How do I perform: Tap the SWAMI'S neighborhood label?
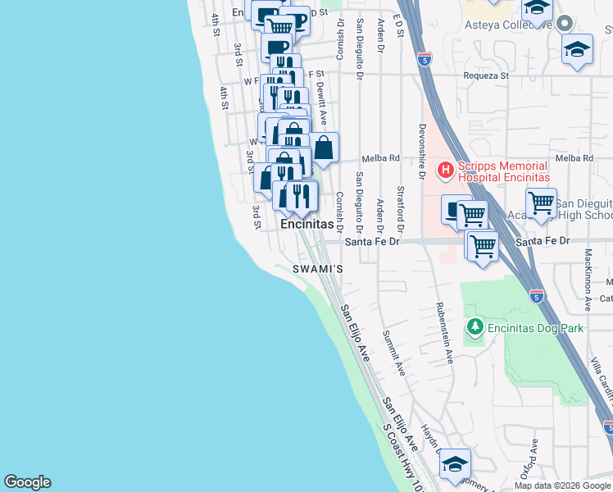[x=317, y=269]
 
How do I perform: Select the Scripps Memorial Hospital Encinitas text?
[x=503, y=171]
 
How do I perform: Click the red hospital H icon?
[x=446, y=171]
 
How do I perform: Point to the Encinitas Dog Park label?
[x=535, y=328]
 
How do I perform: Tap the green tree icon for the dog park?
[x=475, y=328]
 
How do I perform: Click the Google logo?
[x=27, y=482]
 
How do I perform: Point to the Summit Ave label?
[x=393, y=353]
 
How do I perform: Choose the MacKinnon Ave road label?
[x=588, y=280]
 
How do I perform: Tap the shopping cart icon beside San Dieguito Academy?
[x=541, y=202]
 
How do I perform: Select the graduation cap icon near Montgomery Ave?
[x=455, y=465]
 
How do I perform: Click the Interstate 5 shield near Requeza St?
[x=424, y=59]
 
